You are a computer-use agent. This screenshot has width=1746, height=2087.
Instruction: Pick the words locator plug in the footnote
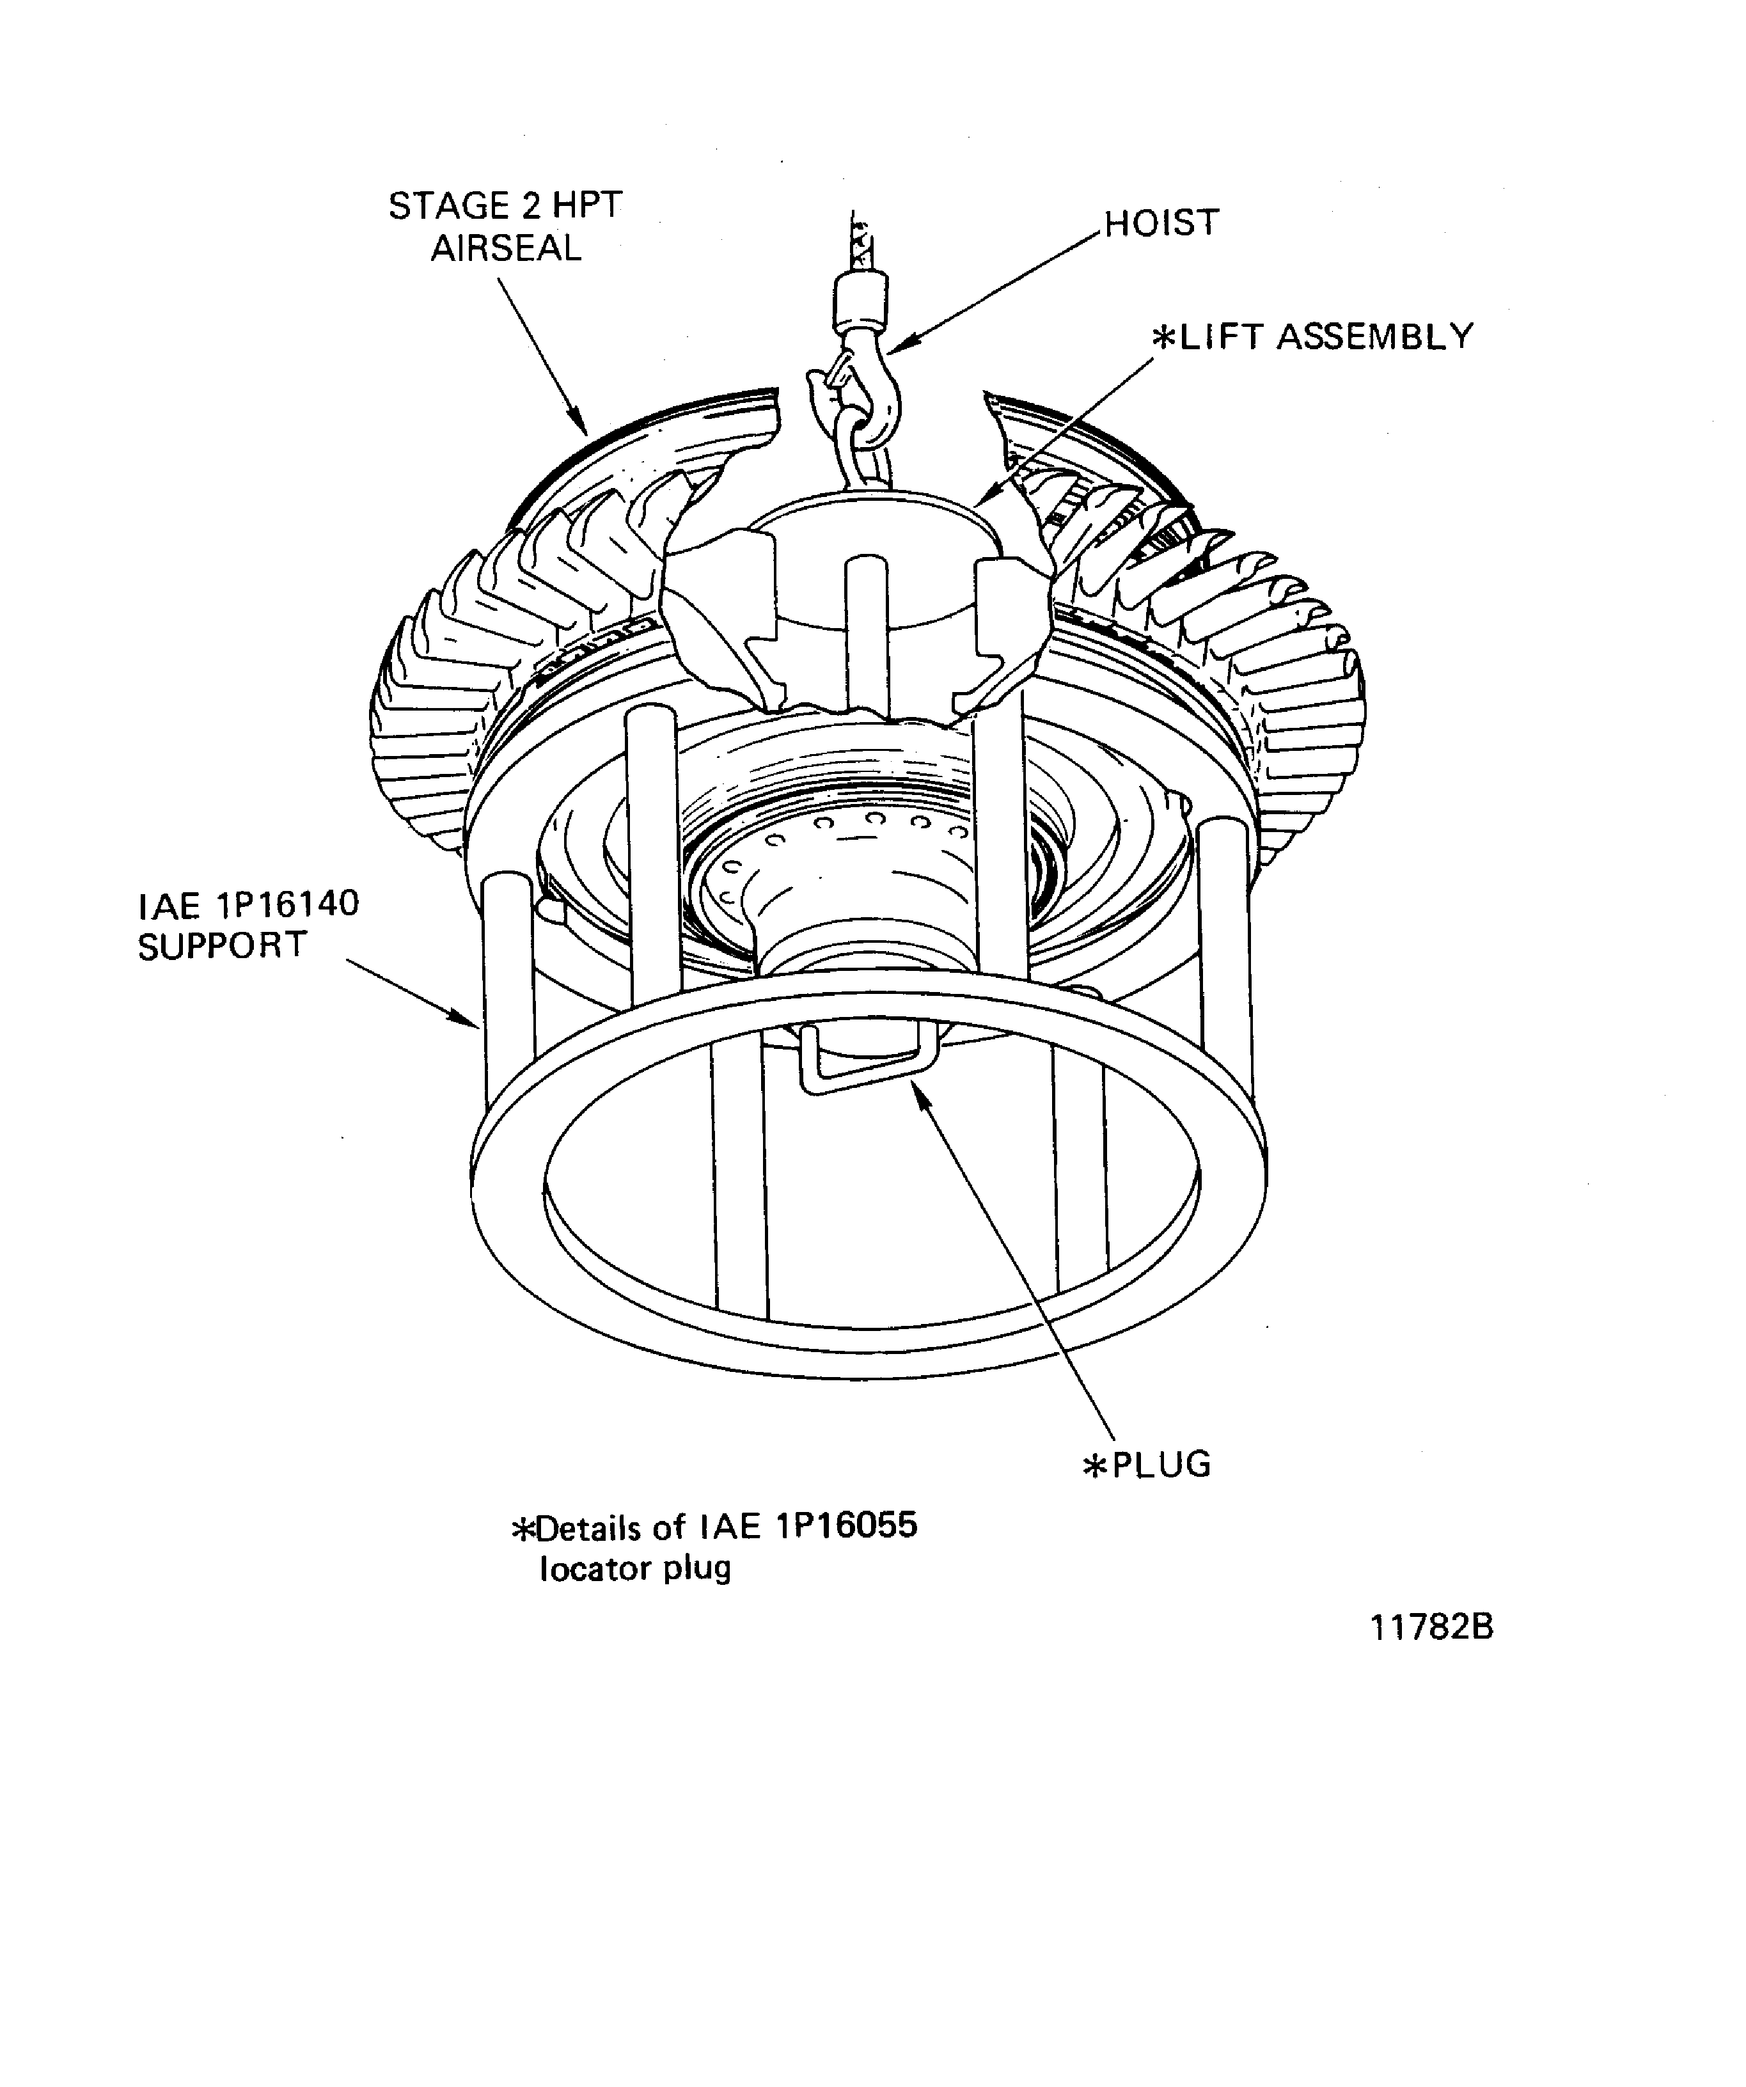point(635,1568)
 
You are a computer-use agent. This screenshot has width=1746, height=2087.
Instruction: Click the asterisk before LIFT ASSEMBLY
point(1163,338)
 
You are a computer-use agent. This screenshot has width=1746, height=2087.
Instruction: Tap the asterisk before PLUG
point(1095,1467)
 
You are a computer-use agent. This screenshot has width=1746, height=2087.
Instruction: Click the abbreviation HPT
point(585,206)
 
